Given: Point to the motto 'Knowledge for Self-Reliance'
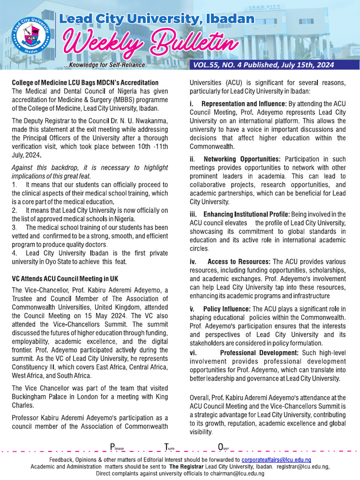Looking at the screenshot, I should (105, 65).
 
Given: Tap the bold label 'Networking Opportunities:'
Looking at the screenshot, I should (242, 159).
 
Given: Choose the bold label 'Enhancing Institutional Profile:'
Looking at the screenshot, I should (247, 214).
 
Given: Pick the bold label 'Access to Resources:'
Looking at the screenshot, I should (239, 262).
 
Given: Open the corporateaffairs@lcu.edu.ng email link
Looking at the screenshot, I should (279, 460).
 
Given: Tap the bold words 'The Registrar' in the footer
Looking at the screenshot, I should (186, 467).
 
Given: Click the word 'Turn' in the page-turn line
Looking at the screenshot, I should (169, 447).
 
